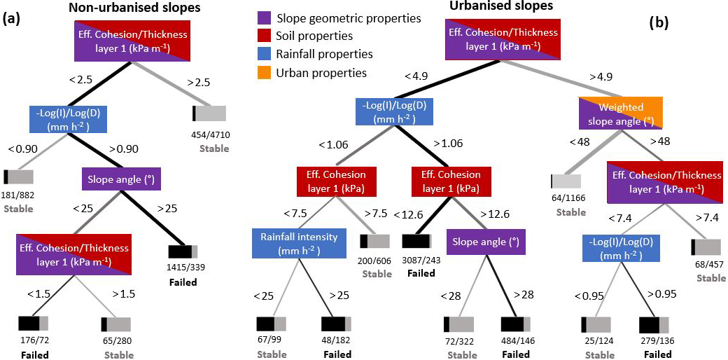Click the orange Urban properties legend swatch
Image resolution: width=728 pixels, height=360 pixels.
pos(265,72)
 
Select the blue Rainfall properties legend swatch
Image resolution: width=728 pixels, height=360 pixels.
pos(265,54)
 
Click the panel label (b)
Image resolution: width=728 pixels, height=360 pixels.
pos(658,22)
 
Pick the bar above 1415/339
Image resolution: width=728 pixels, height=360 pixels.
pos(183,251)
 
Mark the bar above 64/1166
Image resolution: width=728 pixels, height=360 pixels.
pos(567,182)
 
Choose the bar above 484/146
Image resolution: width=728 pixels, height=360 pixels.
pos(517,325)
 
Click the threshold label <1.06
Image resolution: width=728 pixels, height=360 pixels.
pos(332,145)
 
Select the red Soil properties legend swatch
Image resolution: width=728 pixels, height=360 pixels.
pos(265,36)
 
